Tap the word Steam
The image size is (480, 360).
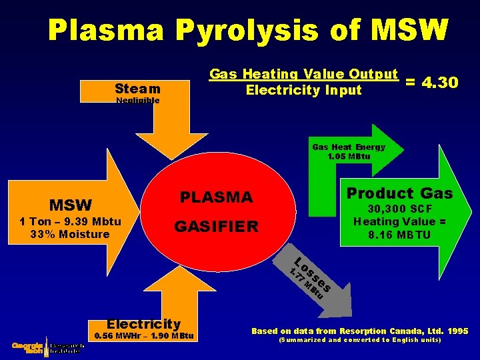pyautogui.click(x=137, y=89)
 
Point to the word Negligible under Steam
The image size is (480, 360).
pyautogui.click(x=137, y=101)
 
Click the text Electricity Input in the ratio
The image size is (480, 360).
pyautogui.click(x=303, y=90)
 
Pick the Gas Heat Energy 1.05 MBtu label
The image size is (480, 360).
pyautogui.click(x=348, y=152)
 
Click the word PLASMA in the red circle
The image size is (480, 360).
pyautogui.click(x=217, y=197)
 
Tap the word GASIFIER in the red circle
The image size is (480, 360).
pyautogui.click(x=216, y=227)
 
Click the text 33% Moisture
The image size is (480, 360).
pyautogui.click(x=69, y=234)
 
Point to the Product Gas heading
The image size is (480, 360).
pyautogui.click(x=399, y=193)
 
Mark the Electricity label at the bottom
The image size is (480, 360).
pyautogui.click(x=144, y=324)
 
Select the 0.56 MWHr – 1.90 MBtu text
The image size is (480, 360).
pyautogui.click(x=144, y=336)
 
